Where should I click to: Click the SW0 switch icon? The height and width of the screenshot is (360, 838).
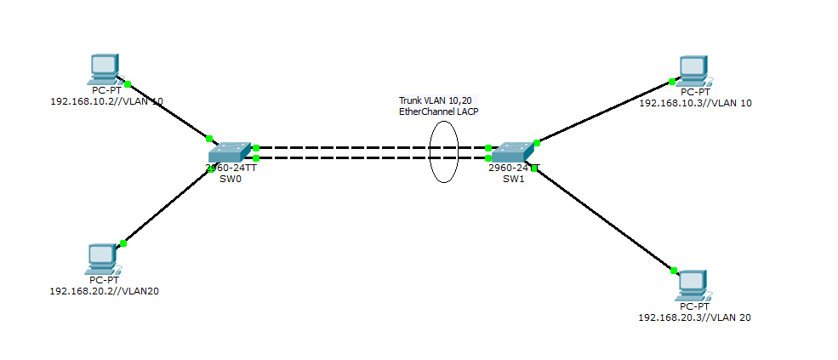point(230,152)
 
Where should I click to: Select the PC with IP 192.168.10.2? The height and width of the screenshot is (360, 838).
point(105,68)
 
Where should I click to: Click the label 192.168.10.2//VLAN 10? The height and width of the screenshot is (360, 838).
point(107,100)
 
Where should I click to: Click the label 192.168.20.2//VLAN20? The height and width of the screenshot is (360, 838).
point(105,291)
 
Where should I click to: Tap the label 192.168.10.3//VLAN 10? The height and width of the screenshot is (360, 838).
point(695,103)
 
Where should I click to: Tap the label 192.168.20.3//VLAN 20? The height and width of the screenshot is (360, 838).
point(694,317)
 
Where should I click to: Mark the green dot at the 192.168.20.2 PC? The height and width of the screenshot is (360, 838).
point(123,243)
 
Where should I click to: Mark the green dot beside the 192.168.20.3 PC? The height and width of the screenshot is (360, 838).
point(673,271)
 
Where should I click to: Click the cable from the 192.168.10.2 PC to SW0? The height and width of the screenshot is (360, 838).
point(168,111)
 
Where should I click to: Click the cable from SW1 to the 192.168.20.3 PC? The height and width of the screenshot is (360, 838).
point(604,216)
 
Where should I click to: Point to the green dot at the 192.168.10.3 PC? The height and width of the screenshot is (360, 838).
point(671,82)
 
